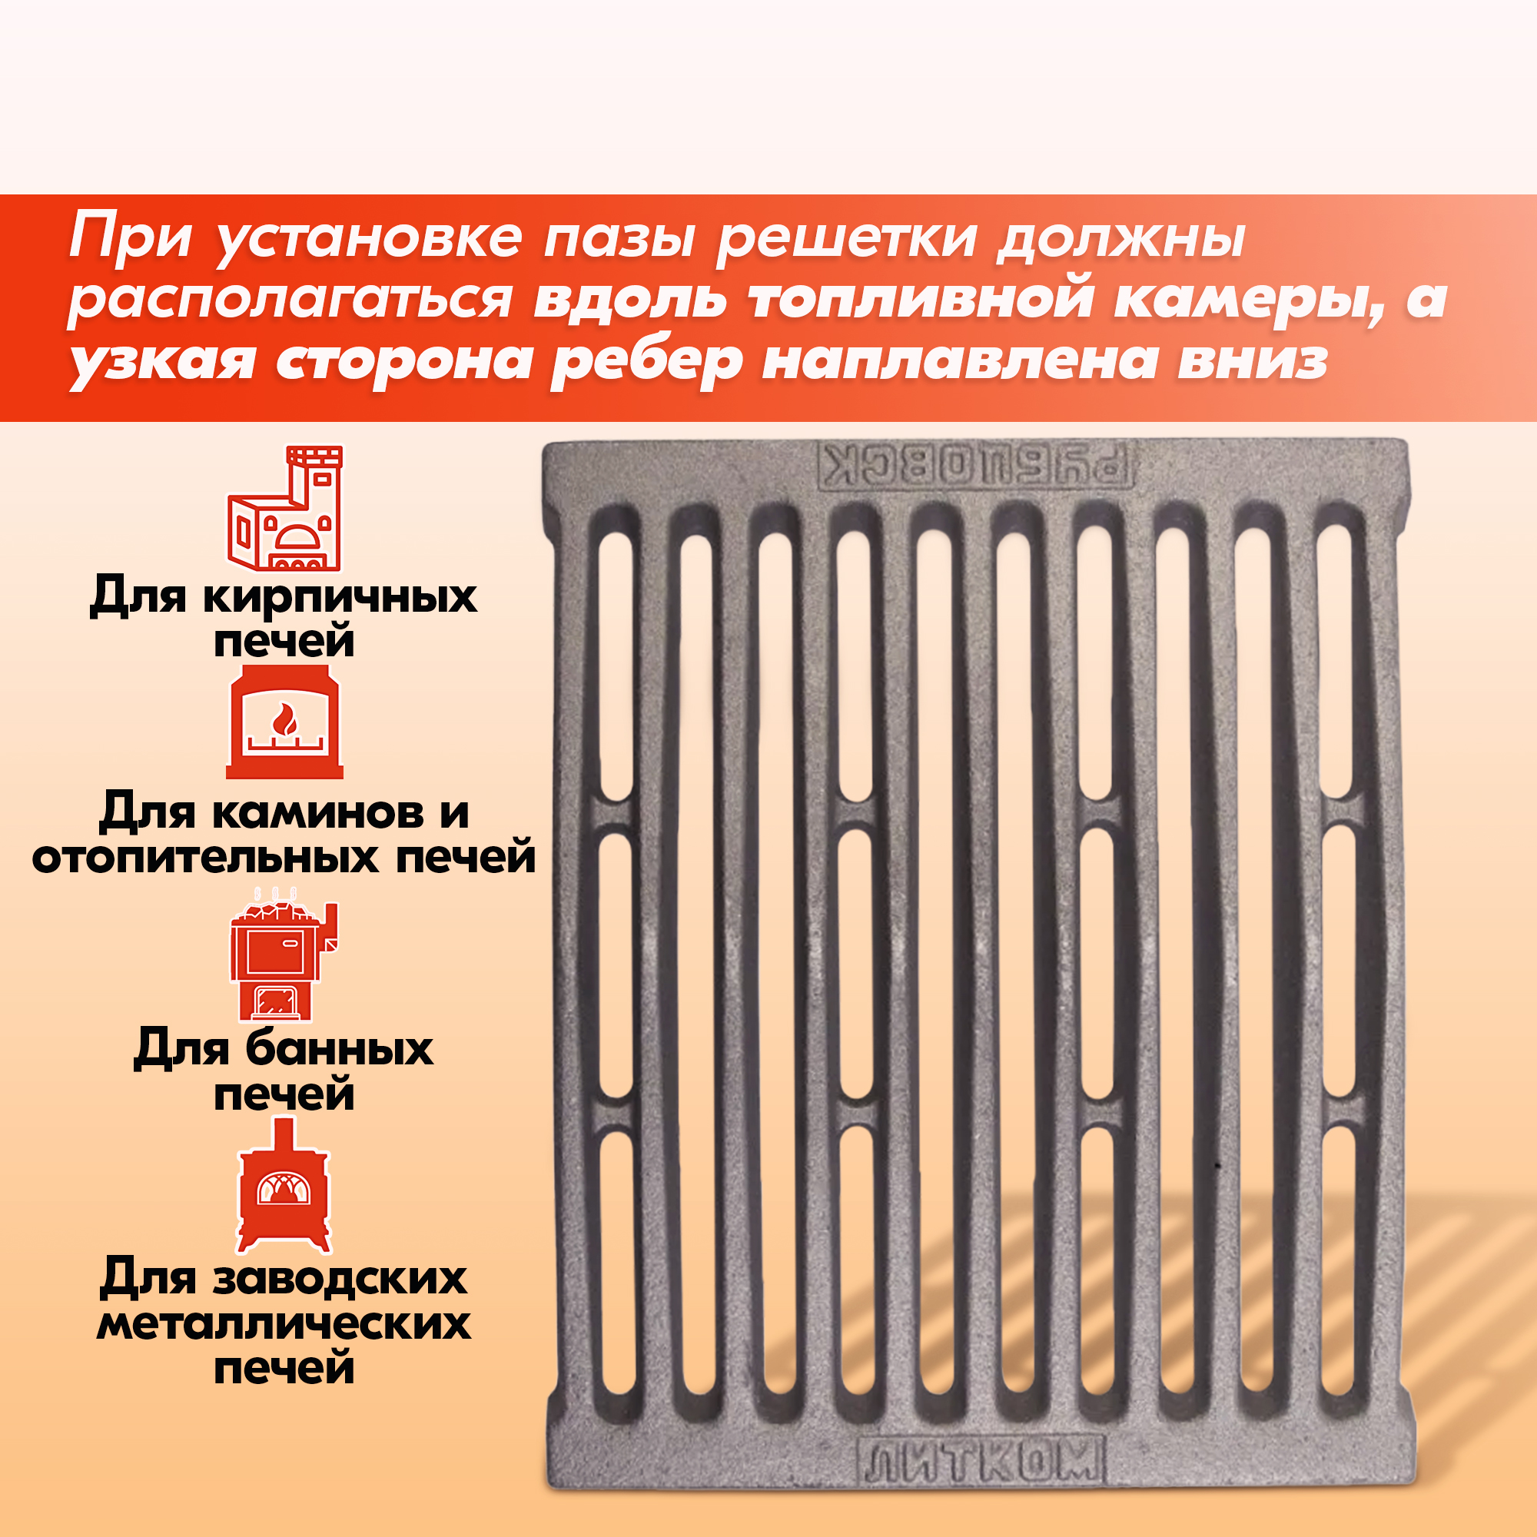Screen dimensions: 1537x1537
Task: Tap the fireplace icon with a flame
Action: click(285, 722)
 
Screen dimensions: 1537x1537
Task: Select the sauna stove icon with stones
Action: click(284, 954)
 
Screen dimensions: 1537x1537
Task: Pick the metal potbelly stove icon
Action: click(284, 1185)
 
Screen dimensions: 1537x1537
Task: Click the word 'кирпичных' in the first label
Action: click(340, 596)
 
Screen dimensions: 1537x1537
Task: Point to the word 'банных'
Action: click(339, 1049)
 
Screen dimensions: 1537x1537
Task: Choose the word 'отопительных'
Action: click(205, 859)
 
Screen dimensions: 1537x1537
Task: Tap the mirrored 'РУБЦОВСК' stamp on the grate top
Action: click(977, 466)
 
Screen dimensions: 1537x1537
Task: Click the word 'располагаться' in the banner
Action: click(290, 300)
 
